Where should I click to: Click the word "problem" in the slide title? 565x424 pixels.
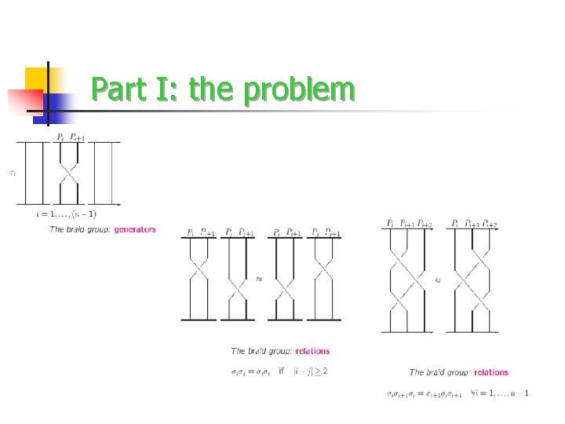pos(299,90)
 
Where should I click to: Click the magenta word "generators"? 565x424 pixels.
pos(135,229)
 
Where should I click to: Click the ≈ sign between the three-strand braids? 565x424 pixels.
pos(439,278)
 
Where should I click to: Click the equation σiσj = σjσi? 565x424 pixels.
pos(251,371)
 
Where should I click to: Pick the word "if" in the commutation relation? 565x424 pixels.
pos(282,371)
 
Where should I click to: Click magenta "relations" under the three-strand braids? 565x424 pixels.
pos(491,372)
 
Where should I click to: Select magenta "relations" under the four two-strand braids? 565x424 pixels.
pos(313,351)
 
